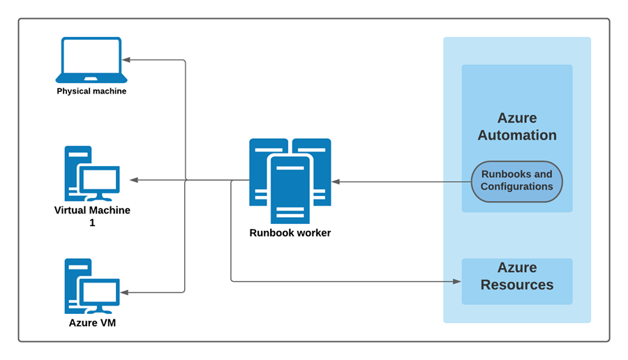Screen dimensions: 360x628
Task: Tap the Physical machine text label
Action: point(91,91)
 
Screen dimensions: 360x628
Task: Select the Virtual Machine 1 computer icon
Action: point(91,174)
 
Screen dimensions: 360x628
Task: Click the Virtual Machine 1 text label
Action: point(92,216)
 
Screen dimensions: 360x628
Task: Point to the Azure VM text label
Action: point(92,323)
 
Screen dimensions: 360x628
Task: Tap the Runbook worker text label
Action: point(290,233)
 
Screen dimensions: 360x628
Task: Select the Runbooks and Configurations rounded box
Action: point(516,181)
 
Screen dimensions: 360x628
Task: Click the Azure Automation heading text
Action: point(517,126)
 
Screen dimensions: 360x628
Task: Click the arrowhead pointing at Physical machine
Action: point(126,60)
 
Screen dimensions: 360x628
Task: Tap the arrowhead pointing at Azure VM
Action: point(126,292)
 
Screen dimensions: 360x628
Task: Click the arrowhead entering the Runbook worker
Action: point(336,181)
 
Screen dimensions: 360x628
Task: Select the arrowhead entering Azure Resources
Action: point(457,282)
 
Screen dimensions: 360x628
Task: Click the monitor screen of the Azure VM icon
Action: point(98,290)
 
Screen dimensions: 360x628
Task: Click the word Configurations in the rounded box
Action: point(516,187)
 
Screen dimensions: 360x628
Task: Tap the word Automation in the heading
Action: point(517,135)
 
